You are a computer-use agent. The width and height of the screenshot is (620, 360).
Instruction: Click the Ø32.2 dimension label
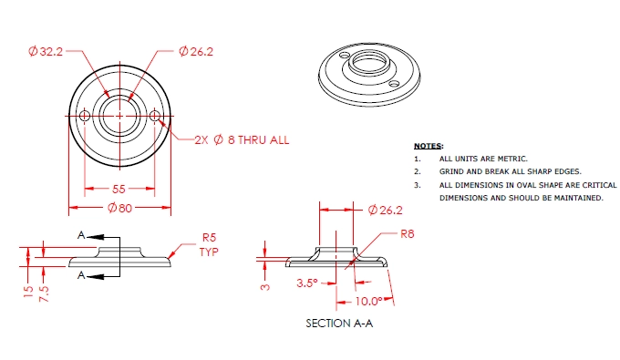tap(46, 51)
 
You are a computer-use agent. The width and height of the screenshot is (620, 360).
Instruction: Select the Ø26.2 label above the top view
tap(196, 51)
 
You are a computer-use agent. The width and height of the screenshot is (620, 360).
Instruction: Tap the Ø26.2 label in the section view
tap(385, 210)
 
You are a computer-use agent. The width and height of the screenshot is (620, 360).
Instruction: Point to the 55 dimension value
tap(119, 189)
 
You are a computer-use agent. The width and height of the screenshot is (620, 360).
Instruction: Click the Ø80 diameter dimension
tap(119, 208)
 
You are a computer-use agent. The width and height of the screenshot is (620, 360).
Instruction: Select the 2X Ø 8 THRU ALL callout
tap(242, 139)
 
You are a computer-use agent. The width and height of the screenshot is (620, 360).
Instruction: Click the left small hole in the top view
tap(85, 116)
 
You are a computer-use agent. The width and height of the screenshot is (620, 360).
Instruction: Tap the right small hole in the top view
tap(155, 116)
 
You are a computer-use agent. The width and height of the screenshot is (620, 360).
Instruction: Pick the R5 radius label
tap(209, 238)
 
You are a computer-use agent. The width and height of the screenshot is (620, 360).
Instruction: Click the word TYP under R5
tap(209, 252)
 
